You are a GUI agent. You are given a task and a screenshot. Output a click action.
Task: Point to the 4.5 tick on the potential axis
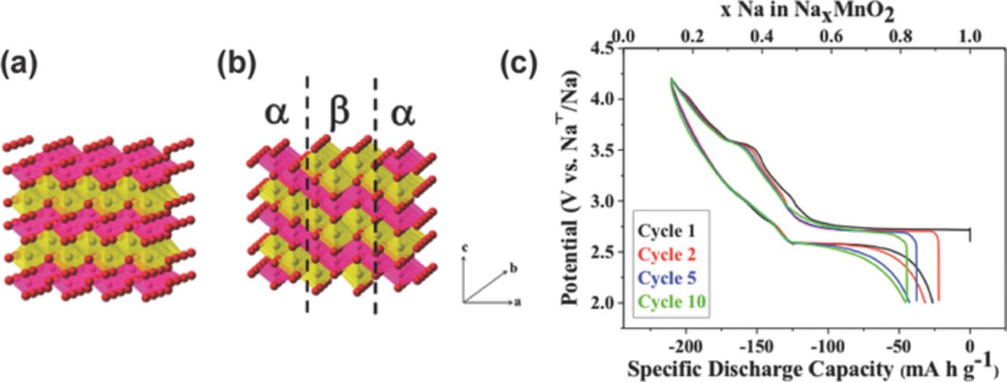tap(604, 49)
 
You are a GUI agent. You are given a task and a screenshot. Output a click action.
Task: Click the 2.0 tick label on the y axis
tap(604, 303)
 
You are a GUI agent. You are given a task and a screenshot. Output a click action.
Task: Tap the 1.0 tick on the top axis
tap(970, 35)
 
